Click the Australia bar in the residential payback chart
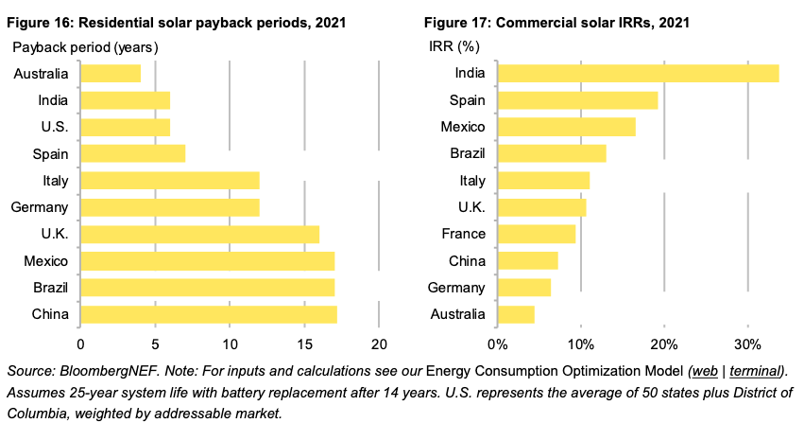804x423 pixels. point(111,73)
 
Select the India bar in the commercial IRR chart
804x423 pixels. point(638,73)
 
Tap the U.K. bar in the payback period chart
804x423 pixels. point(199,234)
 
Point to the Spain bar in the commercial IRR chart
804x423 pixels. point(577,99)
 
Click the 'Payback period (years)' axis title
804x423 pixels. point(84,46)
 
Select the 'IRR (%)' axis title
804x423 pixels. point(451,46)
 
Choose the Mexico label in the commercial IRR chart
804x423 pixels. point(462,127)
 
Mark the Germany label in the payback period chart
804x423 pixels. point(38,207)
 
